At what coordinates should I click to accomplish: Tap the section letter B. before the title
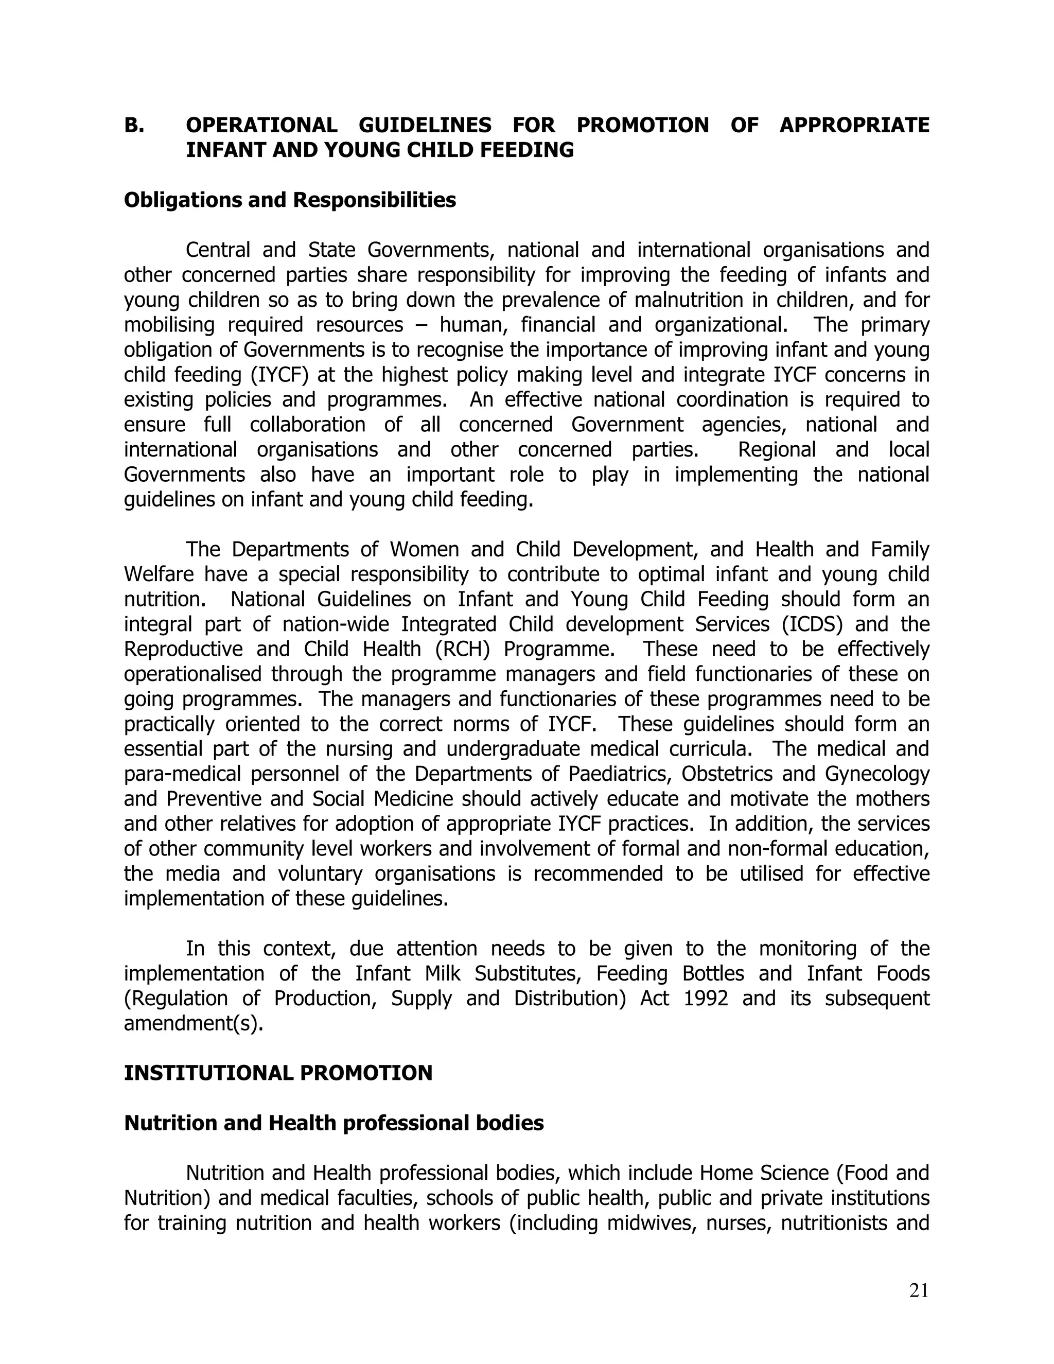134,126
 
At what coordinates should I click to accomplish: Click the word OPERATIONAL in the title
261,126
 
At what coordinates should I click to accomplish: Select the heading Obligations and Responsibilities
290,200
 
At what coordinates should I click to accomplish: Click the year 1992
706,999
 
